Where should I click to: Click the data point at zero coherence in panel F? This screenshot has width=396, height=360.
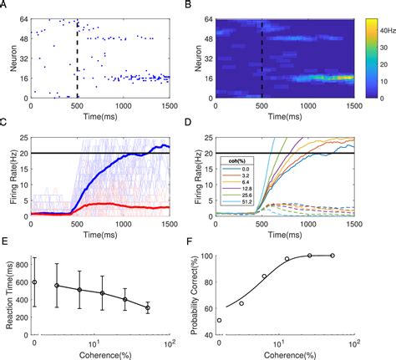[220, 320]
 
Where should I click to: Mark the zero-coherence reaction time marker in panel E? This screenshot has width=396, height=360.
[34, 282]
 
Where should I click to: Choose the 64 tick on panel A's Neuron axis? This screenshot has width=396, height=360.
[23, 18]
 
